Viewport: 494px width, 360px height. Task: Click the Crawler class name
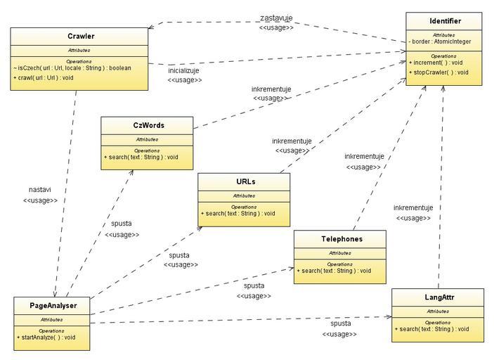tap(81, 37)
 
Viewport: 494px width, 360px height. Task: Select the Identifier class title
tap(443, 21)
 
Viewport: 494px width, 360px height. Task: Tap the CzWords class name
tap(148, 125)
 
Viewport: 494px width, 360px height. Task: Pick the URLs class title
tap(245, 181)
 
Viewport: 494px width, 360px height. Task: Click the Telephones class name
tap(342, 239)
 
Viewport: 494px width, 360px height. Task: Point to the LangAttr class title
tap(438, 297)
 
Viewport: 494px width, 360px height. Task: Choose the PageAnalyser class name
tap(53, 306)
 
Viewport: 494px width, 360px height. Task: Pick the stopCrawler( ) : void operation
tap(441, 72)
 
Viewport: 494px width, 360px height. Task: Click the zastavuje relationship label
tap(276, 18)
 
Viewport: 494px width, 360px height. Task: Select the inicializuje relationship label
tap(185, 70)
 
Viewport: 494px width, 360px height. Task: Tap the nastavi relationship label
tap(39, 190)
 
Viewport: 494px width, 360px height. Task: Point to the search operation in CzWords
tap(141, 157)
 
